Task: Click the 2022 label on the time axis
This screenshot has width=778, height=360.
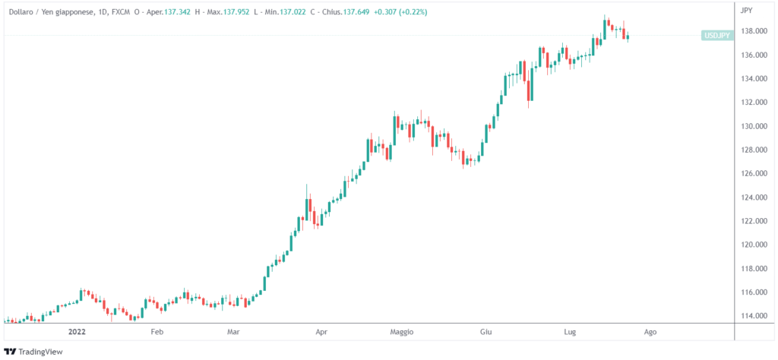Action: [x=77, y=332]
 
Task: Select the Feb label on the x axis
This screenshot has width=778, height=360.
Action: [x=157, y=332]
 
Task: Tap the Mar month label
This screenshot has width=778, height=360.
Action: [x=233, y=332]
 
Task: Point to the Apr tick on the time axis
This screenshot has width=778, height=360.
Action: [x=321, y=332]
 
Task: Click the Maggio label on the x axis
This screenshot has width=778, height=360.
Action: [x=401, y=332]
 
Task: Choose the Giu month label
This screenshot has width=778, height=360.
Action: [x=486, y=332]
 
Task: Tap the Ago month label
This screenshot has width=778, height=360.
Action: [x=650, y=332]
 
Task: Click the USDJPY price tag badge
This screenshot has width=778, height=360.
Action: [x=717, y=36]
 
